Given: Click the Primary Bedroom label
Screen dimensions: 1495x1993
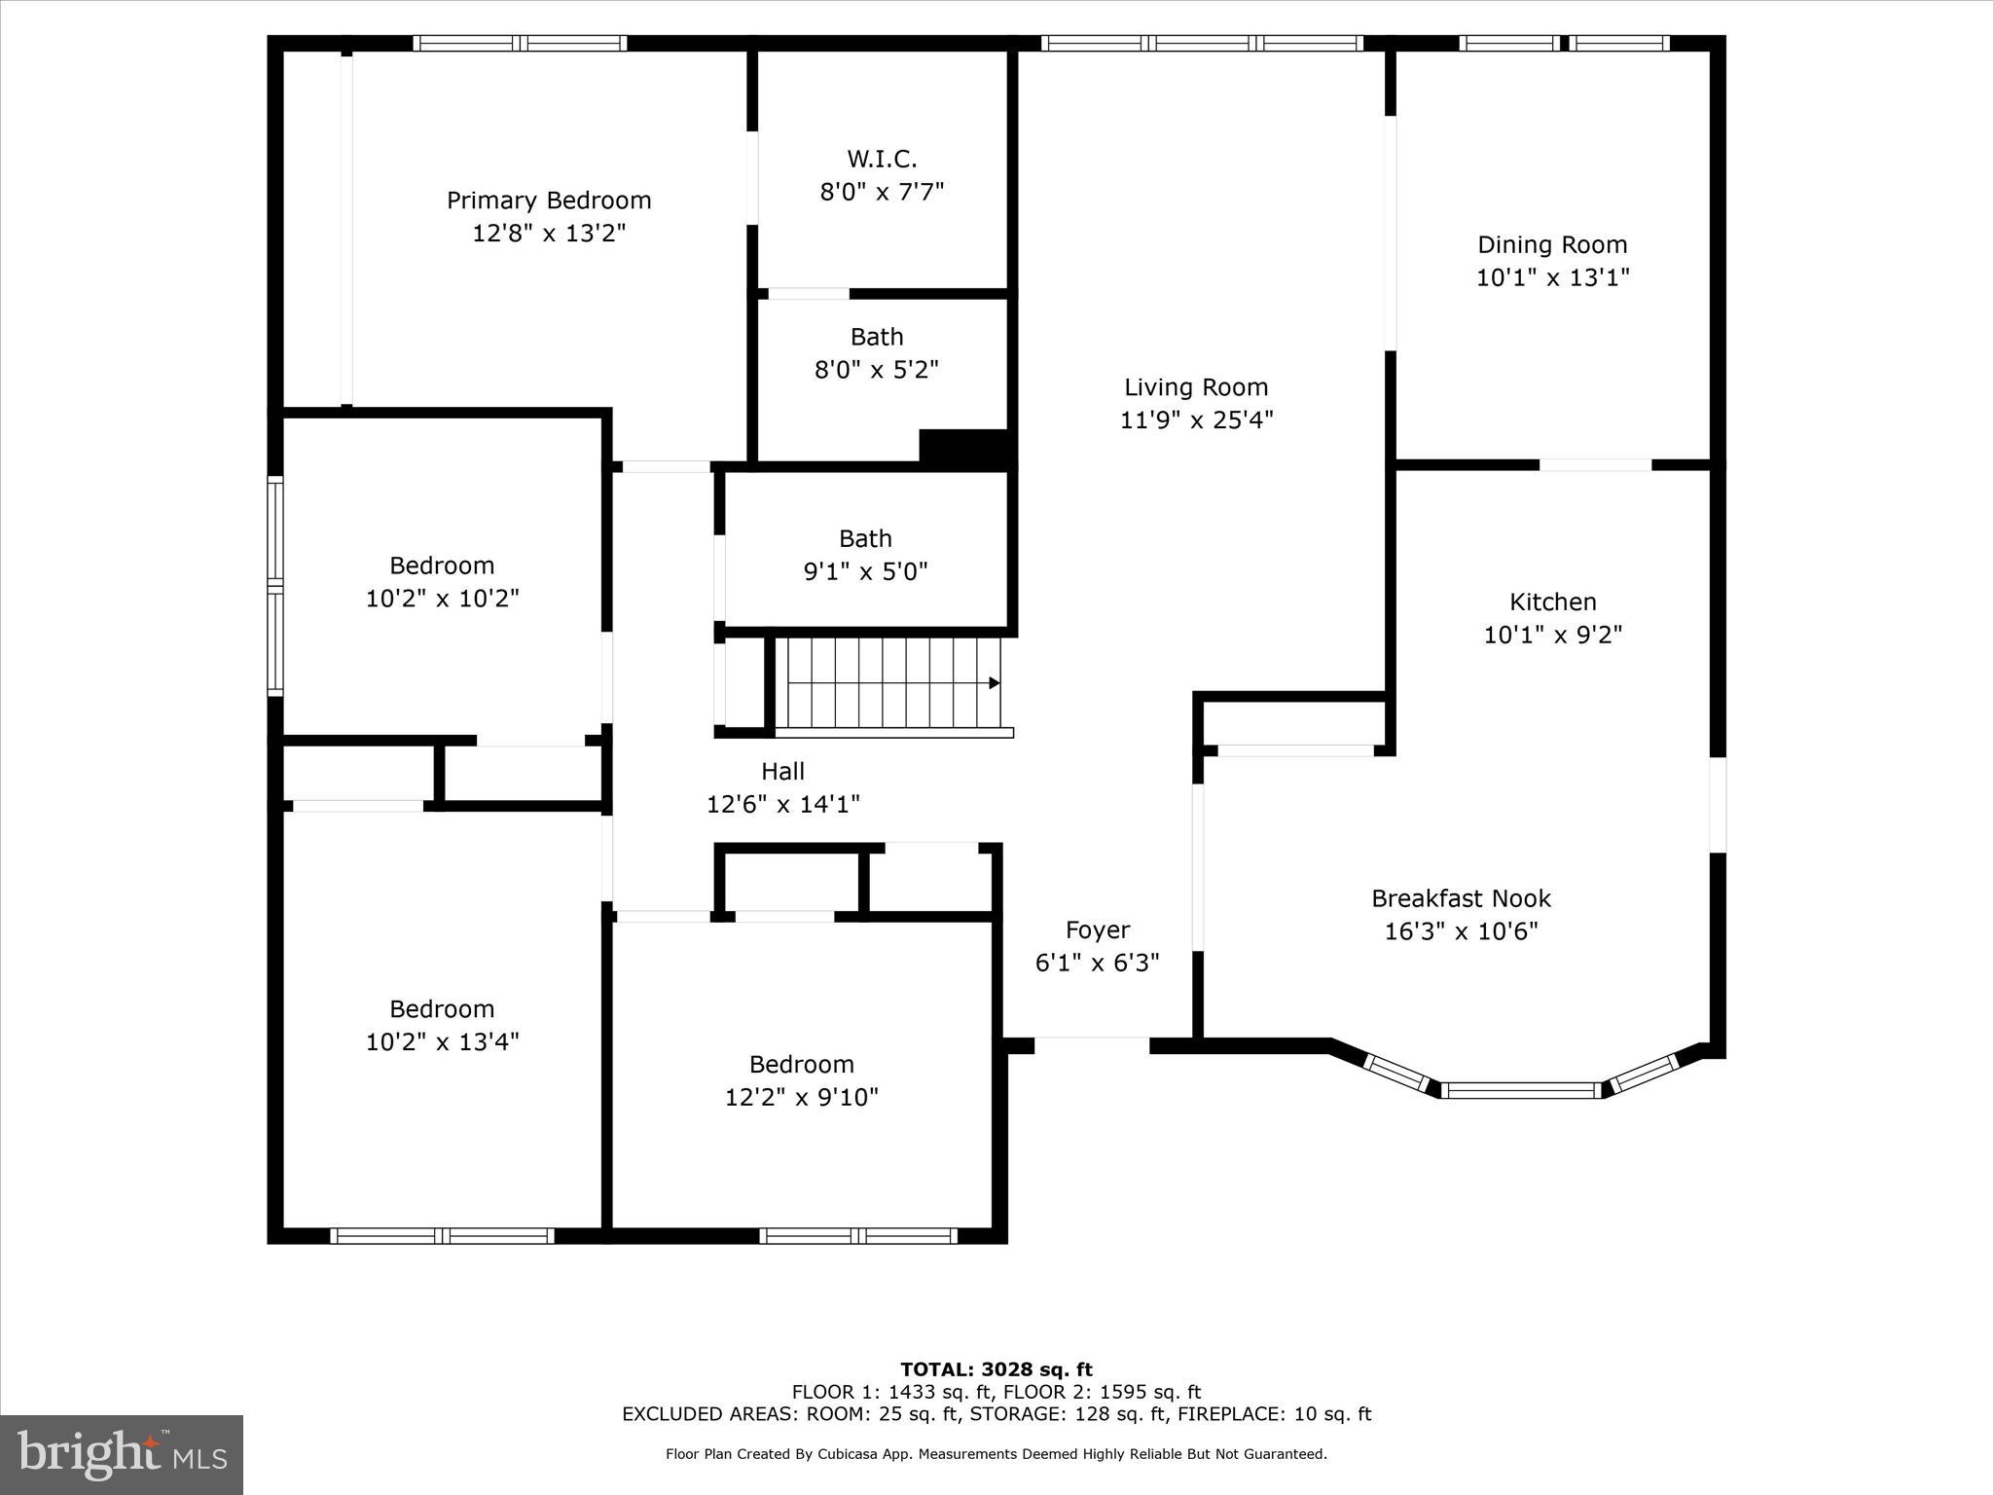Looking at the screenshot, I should (549, 201).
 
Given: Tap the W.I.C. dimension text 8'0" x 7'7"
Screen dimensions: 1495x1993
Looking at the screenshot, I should (882, 192).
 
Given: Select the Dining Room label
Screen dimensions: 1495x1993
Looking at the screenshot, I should (1552, 244).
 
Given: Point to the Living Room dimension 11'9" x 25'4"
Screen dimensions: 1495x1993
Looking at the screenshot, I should (1196, 419).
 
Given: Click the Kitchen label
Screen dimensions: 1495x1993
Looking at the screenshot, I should (1552, 602).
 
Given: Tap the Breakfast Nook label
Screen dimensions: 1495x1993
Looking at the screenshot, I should (1461, 898).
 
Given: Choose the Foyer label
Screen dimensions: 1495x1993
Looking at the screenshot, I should (1097, 930).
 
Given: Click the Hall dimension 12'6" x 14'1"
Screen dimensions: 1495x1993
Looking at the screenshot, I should (782, 804).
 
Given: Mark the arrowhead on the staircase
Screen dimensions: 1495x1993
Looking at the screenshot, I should (995, 683).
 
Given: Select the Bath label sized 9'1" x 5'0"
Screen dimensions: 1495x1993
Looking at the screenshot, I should (865, 538).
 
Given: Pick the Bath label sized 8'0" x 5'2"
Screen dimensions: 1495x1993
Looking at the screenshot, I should (877, 337).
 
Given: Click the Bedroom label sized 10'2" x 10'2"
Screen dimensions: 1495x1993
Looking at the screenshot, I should (442, 565).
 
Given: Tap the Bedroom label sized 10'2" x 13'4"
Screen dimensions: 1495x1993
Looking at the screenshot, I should (442, 1008).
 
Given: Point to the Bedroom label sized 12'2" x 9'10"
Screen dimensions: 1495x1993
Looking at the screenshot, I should (801, 1064).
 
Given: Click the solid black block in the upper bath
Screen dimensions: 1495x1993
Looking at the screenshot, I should (962, 447).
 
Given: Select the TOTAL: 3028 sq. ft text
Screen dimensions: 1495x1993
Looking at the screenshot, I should (996, 1369).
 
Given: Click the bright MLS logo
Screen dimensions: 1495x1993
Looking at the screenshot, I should (122, 1454).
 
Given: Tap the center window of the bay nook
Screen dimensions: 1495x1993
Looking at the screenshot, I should (1521, 1090).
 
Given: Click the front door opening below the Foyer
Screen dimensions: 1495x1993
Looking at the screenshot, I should (1091, 1045).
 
